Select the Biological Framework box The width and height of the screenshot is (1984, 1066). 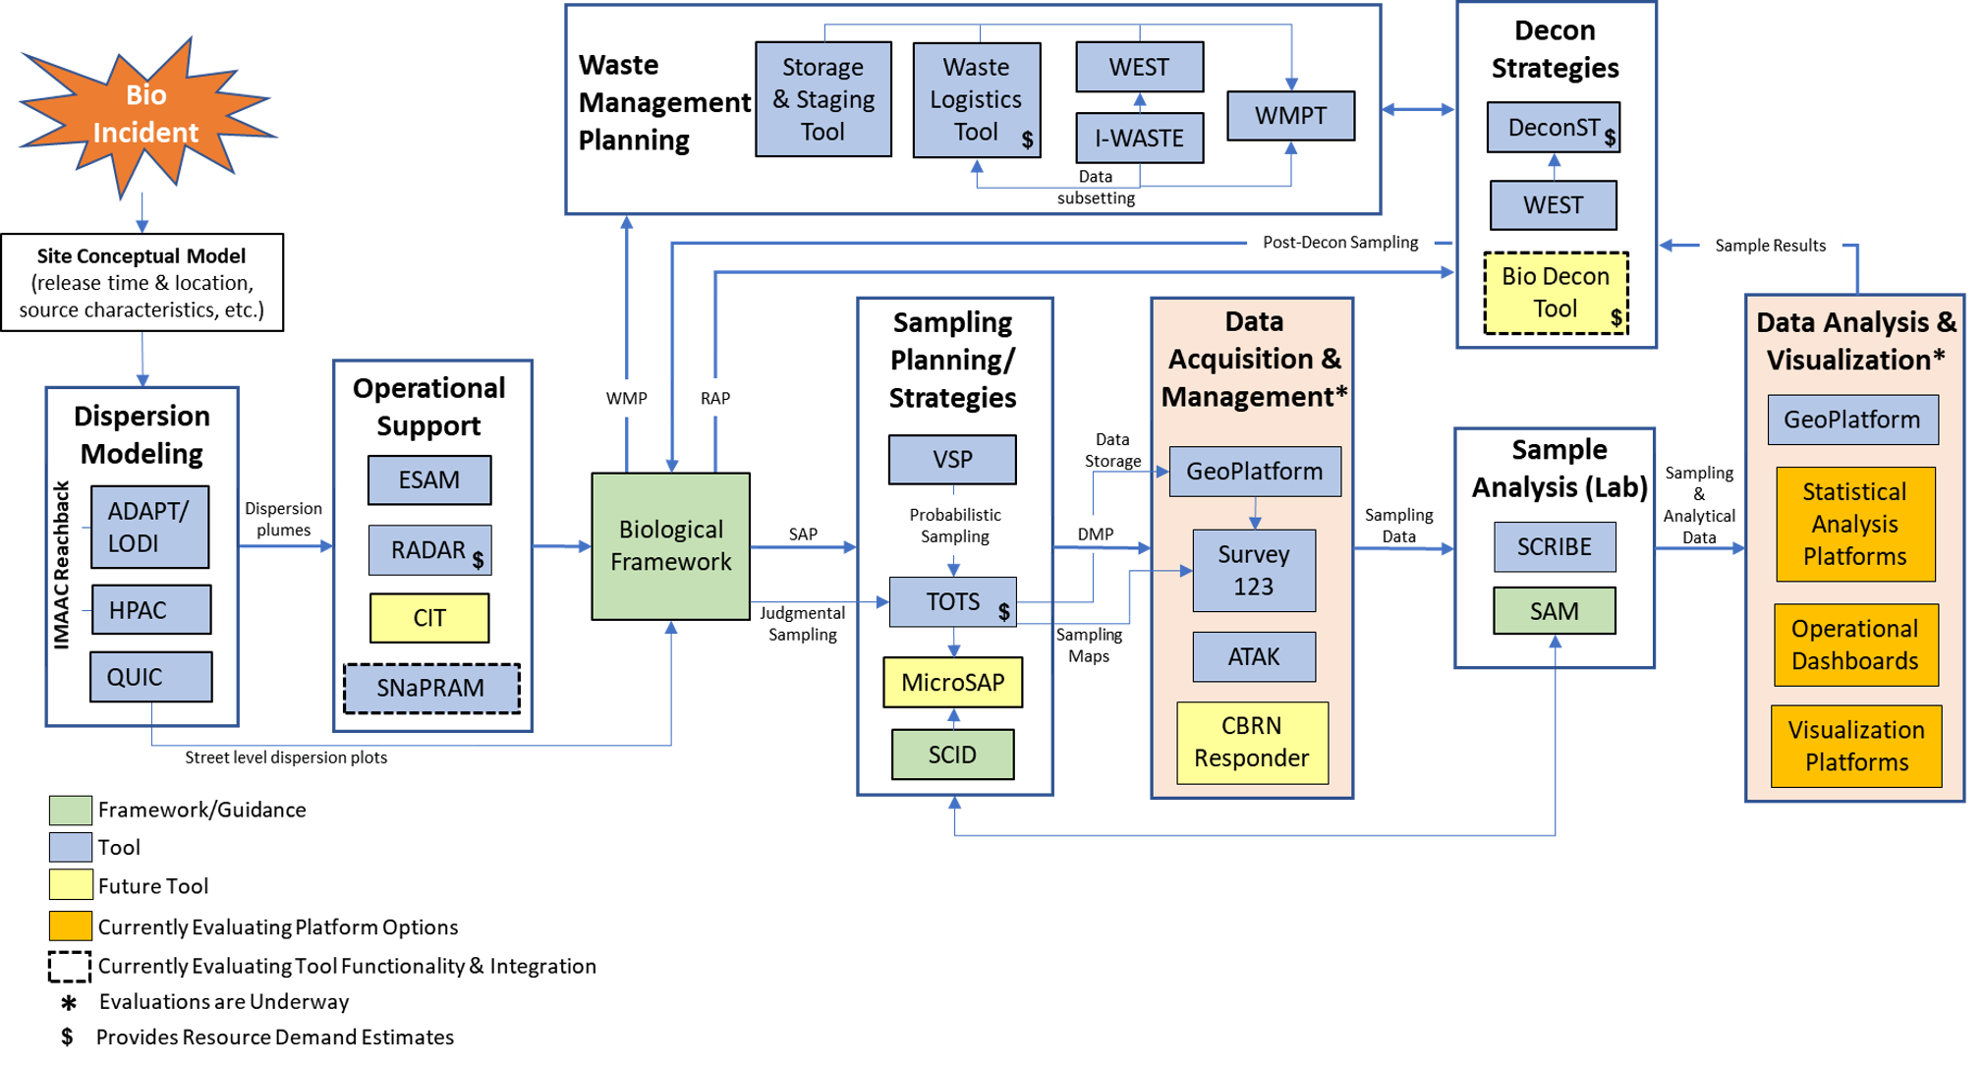[x=670, y=546]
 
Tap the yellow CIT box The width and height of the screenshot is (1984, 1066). [x=429, y=618]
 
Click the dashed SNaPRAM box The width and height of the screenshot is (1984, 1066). [x=431, y=688]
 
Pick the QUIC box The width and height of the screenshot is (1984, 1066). [x=150, y=677]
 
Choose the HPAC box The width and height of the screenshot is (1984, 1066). [x=150, y=610]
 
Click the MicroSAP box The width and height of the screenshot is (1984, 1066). [x=952, y=682]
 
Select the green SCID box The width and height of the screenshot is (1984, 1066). [x=952, y=755]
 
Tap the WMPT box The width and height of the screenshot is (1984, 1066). [x=1290, y=116]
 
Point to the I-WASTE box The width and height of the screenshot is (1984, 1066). [x=1139, y=139]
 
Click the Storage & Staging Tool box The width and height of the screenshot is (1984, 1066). [x=822, y=99]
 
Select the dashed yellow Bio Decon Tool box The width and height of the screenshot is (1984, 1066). [x=1556, y=293]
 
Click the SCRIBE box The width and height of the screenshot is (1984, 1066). [x=1554, y=546]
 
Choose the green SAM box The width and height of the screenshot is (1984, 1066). [x=1554, y=611]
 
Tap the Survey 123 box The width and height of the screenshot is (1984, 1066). [x=1253, y=570]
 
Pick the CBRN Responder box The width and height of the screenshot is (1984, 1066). [x=1252, y=742]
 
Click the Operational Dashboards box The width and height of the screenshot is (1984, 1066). [x=1855, y=645]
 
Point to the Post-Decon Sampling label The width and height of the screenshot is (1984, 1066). [x=1340, y=242]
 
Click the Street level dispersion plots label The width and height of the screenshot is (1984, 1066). [x=286, y=757]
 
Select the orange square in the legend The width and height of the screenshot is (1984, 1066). [x=71, y=926]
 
